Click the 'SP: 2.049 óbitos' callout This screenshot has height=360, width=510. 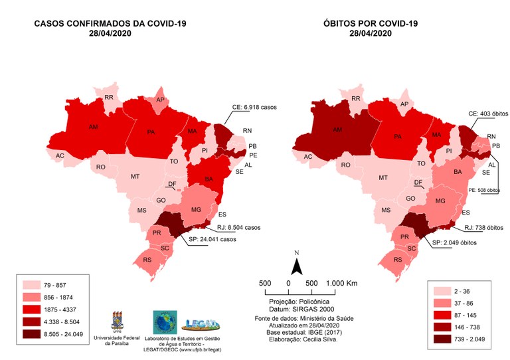coord(462,242)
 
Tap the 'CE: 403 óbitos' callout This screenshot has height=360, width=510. coord(491,114)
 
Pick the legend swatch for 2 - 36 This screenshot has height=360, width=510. coord(442,292)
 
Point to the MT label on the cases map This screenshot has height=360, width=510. coord(135,177)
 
